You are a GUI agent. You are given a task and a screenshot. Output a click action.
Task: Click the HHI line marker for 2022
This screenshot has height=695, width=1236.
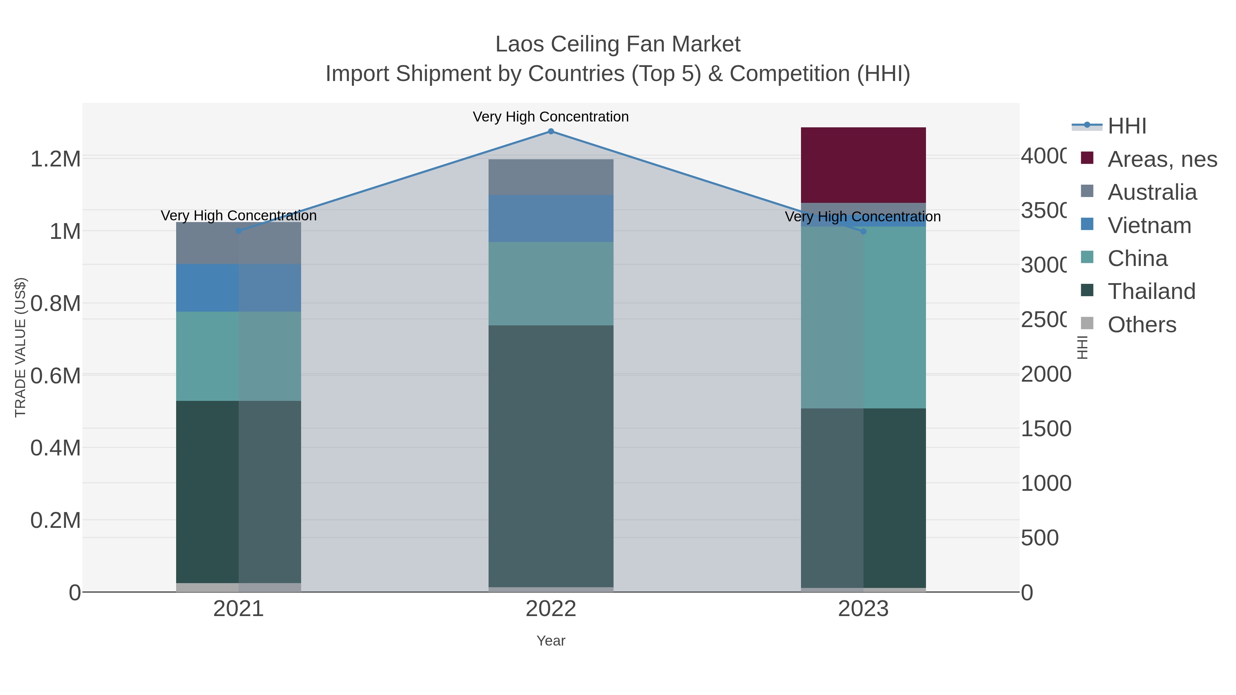coord(551,131)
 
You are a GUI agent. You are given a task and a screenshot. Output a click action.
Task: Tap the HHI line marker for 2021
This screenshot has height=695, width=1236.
coord(239,231)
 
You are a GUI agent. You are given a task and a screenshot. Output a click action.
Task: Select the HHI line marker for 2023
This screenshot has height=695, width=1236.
coord(863,232)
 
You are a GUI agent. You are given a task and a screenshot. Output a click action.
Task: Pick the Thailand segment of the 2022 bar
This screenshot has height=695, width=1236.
coord(551,456)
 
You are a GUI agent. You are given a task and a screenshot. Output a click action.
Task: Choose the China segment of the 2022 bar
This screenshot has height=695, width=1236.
coord(551,283)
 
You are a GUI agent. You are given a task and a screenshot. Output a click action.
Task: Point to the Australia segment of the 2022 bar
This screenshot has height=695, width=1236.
coord(551,177)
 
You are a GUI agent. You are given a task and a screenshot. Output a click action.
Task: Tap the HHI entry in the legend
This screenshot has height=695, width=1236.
coord(1126,126)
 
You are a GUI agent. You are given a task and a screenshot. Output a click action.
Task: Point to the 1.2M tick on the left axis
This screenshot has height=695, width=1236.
coord(56,159)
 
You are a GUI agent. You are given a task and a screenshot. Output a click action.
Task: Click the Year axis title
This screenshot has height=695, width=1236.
coord(551,641)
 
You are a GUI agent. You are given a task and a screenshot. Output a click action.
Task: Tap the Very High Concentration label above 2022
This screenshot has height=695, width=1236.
coord(550,117)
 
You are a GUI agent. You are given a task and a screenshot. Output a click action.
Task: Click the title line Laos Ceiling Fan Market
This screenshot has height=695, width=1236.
coord(618,44)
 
